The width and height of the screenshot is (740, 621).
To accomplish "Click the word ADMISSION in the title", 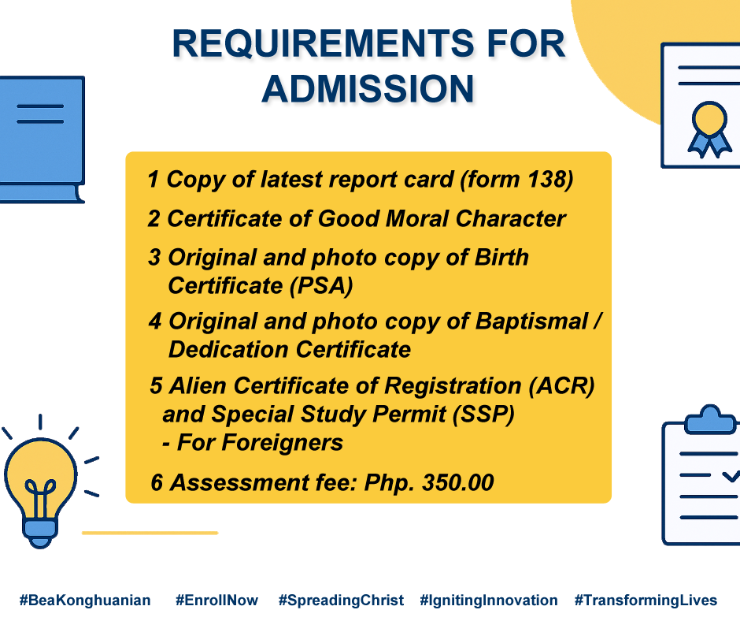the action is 368,89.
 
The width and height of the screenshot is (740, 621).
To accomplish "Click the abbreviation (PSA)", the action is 321,285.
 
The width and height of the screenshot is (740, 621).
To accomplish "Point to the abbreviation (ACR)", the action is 561,385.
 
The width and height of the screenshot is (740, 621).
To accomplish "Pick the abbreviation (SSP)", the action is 483,414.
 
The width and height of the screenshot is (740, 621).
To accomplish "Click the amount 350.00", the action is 458,482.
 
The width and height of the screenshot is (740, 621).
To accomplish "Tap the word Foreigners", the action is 260,443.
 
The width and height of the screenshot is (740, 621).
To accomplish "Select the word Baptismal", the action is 532,322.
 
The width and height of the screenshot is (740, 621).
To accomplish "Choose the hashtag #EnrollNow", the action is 216,601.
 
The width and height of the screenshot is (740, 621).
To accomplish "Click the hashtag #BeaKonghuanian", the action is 85,601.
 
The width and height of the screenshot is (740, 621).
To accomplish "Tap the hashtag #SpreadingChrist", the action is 341,601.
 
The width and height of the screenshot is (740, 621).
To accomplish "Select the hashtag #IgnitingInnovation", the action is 489,601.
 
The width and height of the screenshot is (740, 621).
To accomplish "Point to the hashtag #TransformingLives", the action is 646,601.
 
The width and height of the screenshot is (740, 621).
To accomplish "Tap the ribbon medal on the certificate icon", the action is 709,129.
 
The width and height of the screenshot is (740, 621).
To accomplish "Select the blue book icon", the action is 42,140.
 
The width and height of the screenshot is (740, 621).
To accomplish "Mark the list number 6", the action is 157,483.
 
